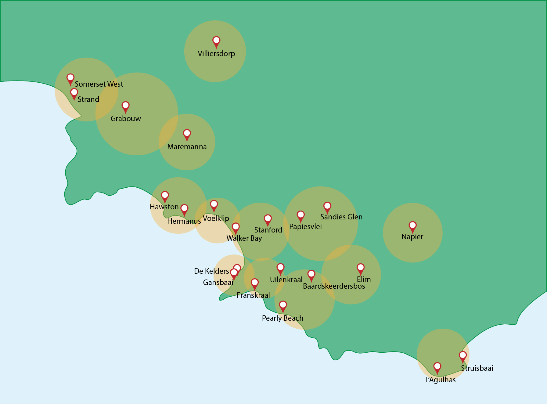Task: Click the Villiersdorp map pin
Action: pos(216,41)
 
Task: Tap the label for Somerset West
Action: pos(99,84)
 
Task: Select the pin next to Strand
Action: pos(74,93)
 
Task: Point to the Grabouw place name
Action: pos(126,119)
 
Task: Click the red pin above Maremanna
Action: pos(187,135)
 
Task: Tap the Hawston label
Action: pos(164,207)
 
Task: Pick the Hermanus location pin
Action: pos(184,209)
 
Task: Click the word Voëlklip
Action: pos(216,218)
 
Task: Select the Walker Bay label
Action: pos(244,238)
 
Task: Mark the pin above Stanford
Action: pos(268,220)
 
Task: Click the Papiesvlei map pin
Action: pos(300,216)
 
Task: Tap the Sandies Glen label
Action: pos(341,217)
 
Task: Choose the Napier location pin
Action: pos(412,226)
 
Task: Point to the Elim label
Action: pos(364,280)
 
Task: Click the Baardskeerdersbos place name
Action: pos(334,286)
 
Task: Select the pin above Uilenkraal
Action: pos(280,269)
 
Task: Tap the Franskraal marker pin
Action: pos(254,283)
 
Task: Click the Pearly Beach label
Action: pos(282,318)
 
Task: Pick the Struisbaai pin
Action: pos(462,356)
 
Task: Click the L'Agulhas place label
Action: pos(440,380)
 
